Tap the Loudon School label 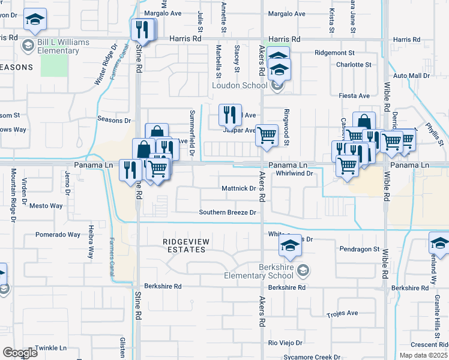click(239, 85)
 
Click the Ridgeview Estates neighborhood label click(187, 245)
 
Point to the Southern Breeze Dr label click(228, 212)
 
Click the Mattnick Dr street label click(239, 188)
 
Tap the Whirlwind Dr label click(295, 173)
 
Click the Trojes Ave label click(342, 313)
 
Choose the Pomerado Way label click(58, 235)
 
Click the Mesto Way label click(46, 206)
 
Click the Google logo click(20, 352)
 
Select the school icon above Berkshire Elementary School click(290, 245)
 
